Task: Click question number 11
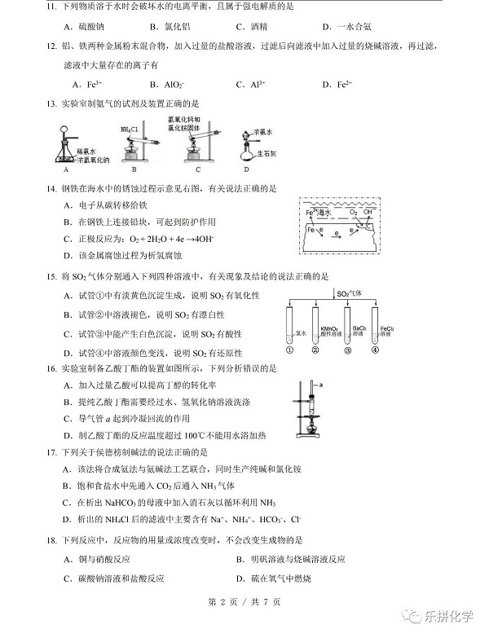point(51,7)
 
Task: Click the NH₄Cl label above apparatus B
point(130,128)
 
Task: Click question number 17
point(51,451)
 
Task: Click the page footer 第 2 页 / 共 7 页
point(244,602)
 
